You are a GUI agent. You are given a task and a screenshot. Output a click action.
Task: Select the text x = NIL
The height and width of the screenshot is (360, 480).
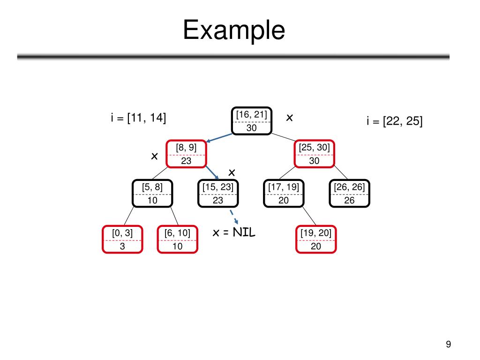tap(234, 232)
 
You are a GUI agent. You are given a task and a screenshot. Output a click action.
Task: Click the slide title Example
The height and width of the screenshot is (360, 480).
tap(234, 30)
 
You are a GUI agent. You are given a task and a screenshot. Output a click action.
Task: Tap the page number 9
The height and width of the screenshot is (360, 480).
tap(448, 345)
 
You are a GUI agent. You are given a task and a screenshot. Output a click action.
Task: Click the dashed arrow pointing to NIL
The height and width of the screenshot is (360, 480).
tap(233, 217)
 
